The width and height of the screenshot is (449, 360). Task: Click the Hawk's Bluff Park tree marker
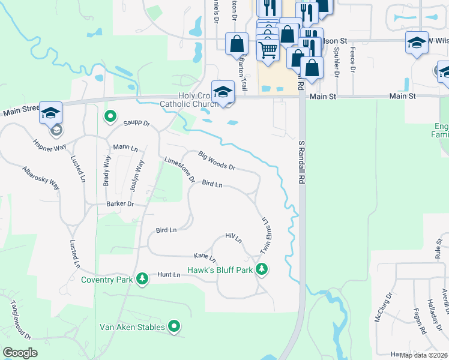261,269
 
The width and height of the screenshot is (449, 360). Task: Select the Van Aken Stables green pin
174,326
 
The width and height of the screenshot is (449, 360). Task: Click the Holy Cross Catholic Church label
187,100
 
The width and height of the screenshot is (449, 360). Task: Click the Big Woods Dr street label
216,160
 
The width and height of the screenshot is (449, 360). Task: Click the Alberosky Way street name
41,178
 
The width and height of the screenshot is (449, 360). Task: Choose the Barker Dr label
119,204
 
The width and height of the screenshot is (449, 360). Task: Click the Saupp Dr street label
136,124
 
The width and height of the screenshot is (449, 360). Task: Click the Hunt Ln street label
169,275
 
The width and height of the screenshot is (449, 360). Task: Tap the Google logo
20,353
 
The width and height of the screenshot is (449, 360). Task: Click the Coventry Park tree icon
142,279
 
